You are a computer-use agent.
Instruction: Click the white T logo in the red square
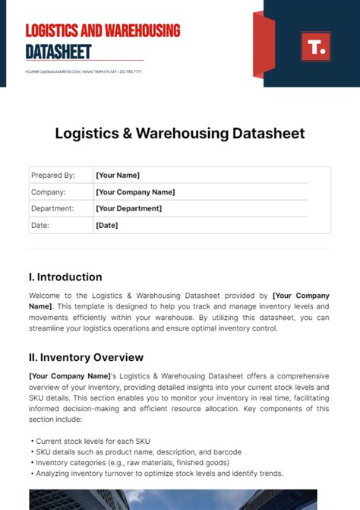315,47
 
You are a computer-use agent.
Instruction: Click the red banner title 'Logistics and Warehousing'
103,31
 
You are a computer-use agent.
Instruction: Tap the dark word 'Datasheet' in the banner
58,52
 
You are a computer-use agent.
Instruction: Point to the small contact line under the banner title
84,71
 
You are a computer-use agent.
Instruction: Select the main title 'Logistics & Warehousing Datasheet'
180,134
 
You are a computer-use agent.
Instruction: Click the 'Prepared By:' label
52,176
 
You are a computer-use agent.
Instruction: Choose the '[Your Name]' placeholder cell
117,176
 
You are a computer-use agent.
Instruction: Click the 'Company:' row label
49,192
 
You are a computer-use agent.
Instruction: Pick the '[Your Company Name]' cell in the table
135,192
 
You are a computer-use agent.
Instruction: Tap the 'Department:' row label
52,208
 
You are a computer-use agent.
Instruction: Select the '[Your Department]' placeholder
128,208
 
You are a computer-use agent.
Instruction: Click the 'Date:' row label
40,225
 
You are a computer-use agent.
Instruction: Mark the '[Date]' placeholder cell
106,225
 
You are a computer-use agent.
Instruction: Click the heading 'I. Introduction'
65,277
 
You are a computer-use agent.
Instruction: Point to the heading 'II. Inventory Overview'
86,357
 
